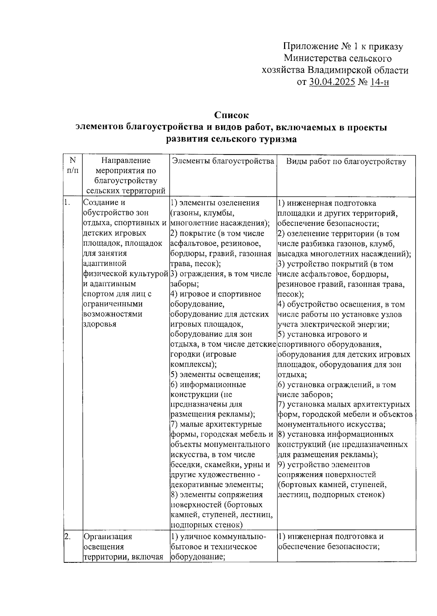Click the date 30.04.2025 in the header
[332, 82]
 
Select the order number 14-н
[379, 82]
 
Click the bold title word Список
[231, 115]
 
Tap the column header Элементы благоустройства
[223, 161]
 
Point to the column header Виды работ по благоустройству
[346, 161]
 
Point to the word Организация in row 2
[108, 537]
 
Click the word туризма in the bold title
[277, 139]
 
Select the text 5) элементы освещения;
[215, 374]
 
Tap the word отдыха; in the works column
[292, 374]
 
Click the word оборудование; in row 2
[197, 557]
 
